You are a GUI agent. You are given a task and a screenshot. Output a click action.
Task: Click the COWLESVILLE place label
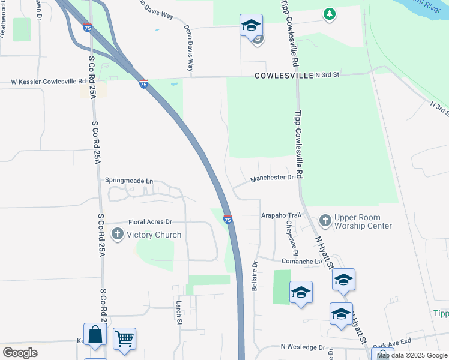coord(284,76)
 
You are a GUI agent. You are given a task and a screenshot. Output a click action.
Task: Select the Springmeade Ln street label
coord(129,180)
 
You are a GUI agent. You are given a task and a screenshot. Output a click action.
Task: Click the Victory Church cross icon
coord(118,234)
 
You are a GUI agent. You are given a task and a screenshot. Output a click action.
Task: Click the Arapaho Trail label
coord(280,215)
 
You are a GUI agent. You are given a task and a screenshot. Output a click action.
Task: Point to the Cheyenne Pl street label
coord(289,235)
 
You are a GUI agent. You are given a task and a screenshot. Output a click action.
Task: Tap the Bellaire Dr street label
coord(255,276)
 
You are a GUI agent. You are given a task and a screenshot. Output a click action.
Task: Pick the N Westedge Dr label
coord(303,347)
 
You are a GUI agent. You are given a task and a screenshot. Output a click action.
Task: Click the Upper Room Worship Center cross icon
coord(325,221)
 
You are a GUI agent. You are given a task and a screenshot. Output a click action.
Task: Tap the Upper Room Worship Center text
coord(363,221)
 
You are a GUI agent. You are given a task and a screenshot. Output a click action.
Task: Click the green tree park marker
coord(328,14)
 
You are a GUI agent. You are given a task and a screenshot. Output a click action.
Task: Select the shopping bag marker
coord(95,334)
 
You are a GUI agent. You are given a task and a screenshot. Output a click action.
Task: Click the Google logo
coord(20,353)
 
